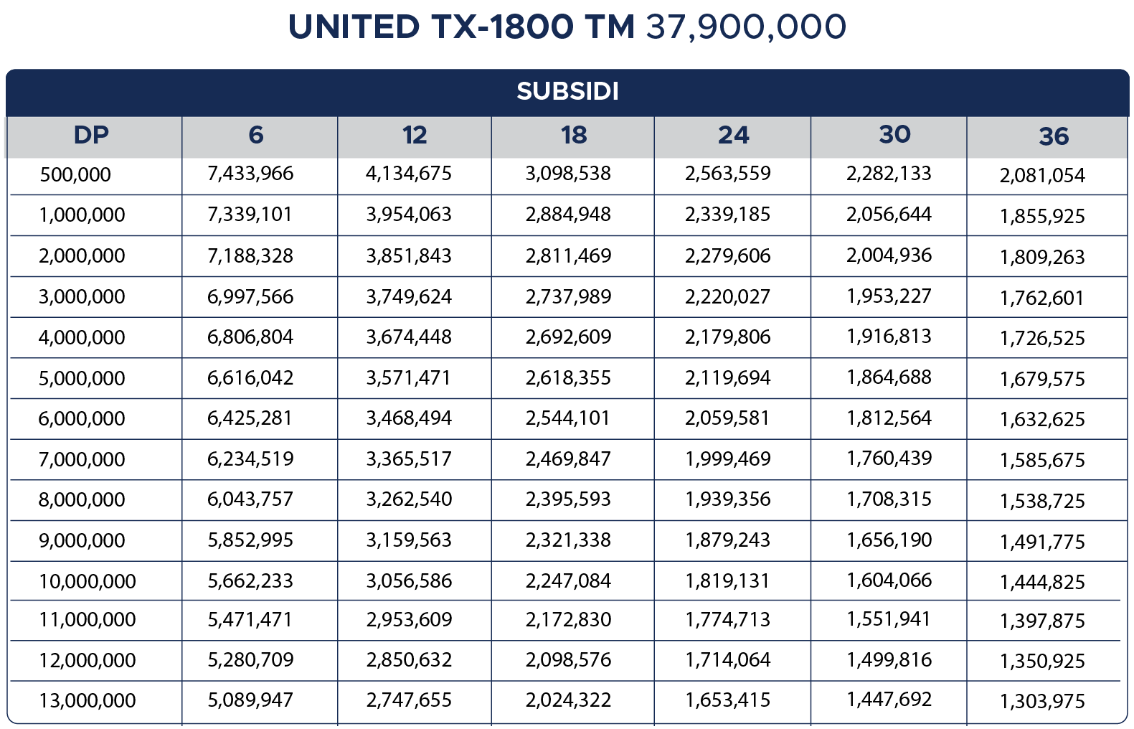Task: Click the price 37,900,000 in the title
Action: [746, 27]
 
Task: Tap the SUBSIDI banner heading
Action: [567, 91]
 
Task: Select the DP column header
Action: [91, 135]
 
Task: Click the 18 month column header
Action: [573, 135]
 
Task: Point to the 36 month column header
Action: [1053, 136]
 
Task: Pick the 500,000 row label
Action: [75, 174]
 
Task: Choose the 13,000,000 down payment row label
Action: [87, 700]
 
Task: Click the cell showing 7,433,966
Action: [250, 174]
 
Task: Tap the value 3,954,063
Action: [409, 215]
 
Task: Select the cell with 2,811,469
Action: [568, 255]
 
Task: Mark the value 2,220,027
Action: [727, 296]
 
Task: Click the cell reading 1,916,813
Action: [889, 337]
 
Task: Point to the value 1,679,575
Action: [1042, 379]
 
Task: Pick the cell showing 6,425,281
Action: [250, 418]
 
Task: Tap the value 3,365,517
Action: [409, 459]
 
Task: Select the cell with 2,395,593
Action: [568, 499]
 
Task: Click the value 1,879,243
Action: [727, 540]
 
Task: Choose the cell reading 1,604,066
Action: [889, 580]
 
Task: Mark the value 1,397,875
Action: [1042, 621]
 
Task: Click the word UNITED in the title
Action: [353, 27]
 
